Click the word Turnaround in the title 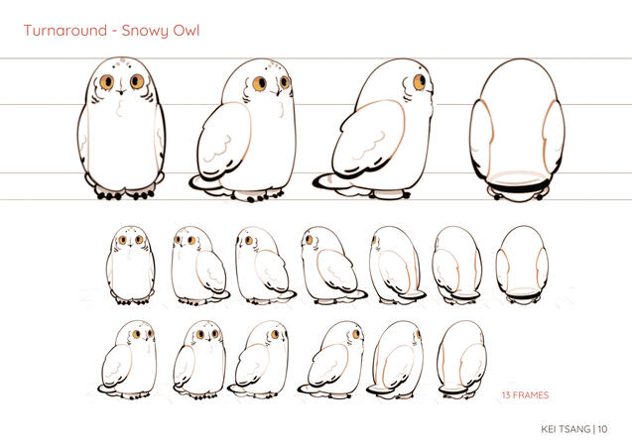pos(65,31)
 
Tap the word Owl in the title pos(187,31)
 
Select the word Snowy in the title pos(145,32)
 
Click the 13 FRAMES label pos(525,395)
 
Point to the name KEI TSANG pos(566,429)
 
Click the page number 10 pos(602,429)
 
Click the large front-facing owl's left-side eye pos(107,81)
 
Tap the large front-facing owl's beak pos(122,92)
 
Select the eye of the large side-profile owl pos(419,81)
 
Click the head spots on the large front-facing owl pos(122,62)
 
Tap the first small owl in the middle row pos(131,265)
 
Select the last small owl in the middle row pos(522,265)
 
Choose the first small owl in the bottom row pos(127,360)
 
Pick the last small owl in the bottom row pos(462,359)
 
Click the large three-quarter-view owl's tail pos(205,183)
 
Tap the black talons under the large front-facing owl pos(125,195)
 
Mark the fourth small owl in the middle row pos(333,265)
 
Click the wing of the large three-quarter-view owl pos(224,140)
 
